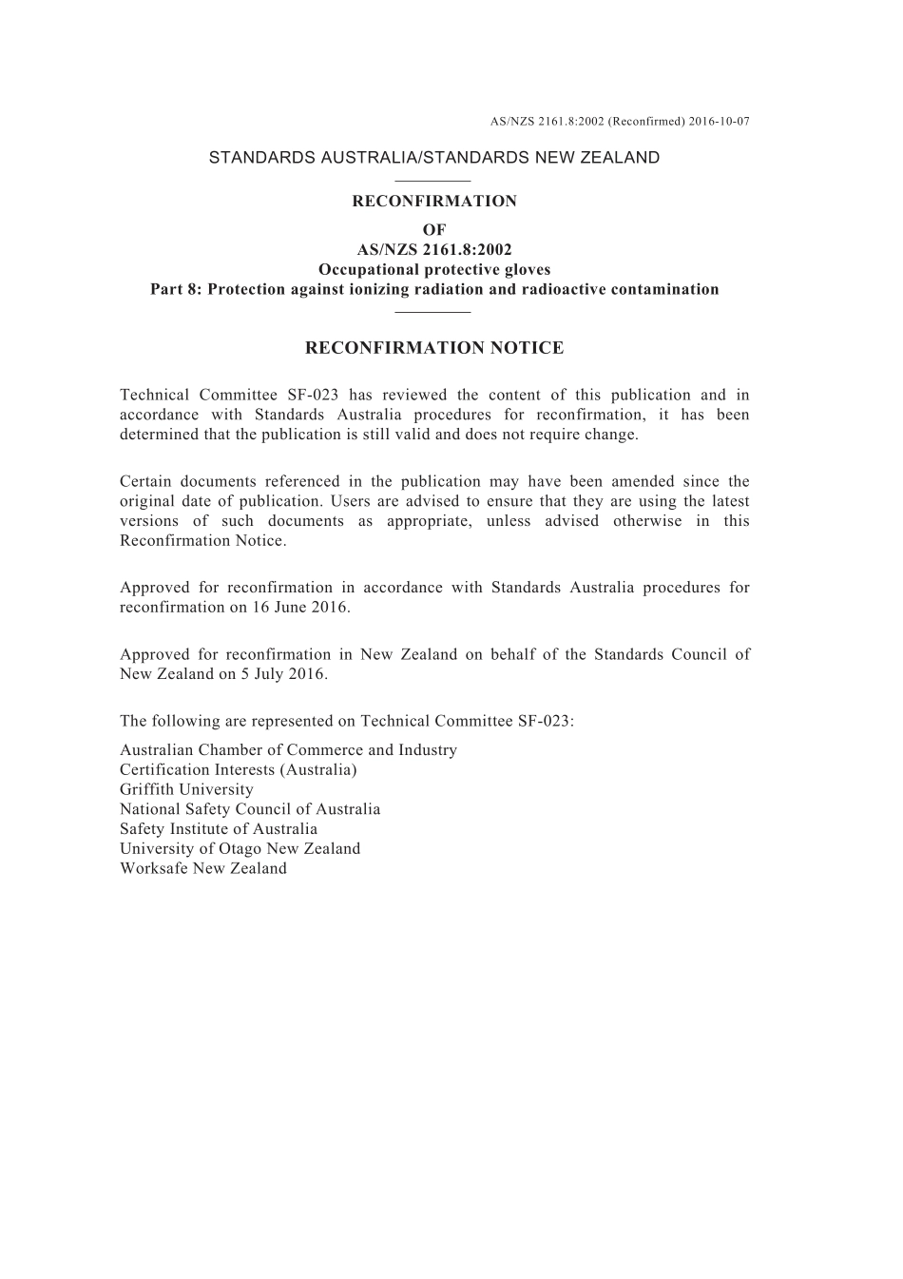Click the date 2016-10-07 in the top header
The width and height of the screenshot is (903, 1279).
point(720,122)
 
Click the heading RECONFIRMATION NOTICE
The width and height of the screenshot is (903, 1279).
point(434,348)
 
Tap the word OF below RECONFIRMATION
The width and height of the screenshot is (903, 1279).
point(434,230)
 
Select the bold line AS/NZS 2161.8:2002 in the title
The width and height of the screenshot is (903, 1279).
point(434,250)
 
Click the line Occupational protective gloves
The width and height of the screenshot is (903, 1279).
point(434,269)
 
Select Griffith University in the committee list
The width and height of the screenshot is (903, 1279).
point(186,789)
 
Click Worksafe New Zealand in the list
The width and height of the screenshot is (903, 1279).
point(203,868)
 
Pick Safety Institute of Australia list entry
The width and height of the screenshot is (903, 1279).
point(219,828)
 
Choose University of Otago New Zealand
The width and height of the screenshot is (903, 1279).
point(240,848)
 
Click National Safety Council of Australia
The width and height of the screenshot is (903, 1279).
point(250,809)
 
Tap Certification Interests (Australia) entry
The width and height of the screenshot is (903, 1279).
point(239,769)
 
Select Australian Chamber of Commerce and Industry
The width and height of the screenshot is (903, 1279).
point(288,749)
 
